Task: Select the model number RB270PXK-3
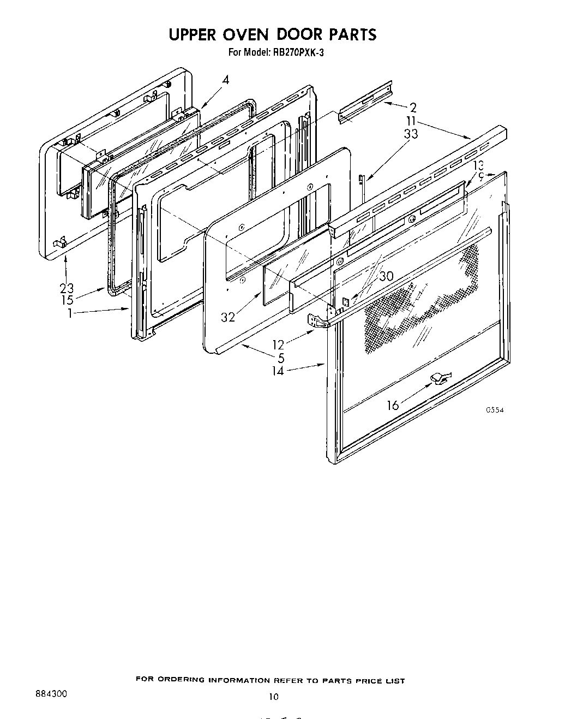pos(298,53)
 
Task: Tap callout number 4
pos(225,80)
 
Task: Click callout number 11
pos(411,121)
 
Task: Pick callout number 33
pos(411,133)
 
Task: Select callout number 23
pos(67,288)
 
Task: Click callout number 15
pos(67,300)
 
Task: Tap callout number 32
pos(228,317)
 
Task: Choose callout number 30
pos(386,276)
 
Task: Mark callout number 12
pos(279,345)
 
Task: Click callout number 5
pos(281,358)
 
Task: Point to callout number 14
pos(278,371)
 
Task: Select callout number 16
pos(393,405)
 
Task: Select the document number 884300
pos(50,694)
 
